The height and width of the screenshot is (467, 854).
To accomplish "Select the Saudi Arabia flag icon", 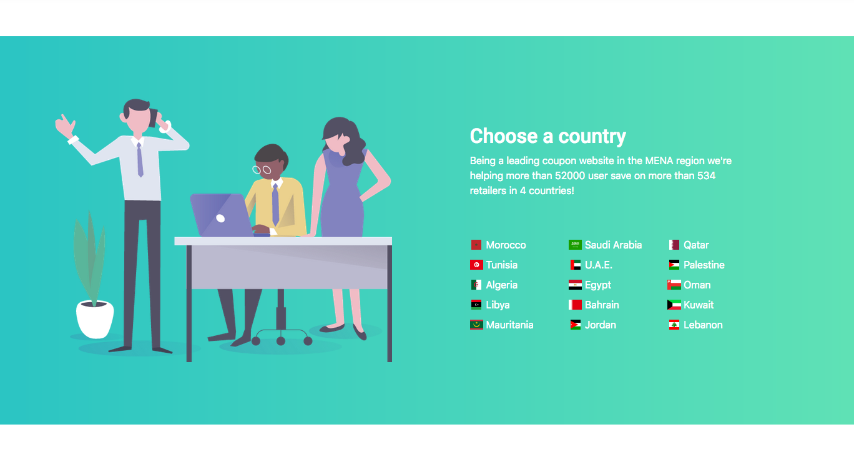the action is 575,245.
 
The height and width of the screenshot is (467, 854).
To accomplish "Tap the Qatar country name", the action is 696,245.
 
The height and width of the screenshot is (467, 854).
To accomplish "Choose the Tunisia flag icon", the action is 476,265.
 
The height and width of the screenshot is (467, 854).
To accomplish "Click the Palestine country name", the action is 704,265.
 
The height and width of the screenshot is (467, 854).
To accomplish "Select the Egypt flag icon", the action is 575,285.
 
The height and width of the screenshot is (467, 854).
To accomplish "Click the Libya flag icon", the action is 476,305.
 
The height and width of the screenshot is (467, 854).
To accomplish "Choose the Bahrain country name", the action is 602,305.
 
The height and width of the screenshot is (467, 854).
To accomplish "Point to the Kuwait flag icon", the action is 674,305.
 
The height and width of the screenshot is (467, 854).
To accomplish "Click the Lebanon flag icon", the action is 674,325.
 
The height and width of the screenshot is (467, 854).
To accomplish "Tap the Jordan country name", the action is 601,325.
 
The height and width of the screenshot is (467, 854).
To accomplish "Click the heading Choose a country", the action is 548,136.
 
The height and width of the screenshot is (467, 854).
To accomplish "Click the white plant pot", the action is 95,320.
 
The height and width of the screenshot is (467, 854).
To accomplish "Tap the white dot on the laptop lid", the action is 220,218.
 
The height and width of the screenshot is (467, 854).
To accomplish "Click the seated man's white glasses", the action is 262,170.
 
